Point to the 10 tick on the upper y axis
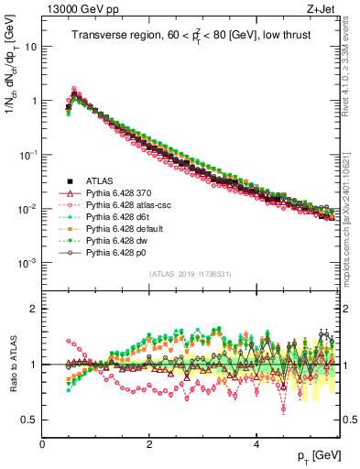31,46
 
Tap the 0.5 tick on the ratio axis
29,420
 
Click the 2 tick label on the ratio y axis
34,309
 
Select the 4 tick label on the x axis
257,444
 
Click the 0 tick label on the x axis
43,444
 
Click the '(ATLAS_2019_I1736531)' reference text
191,275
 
